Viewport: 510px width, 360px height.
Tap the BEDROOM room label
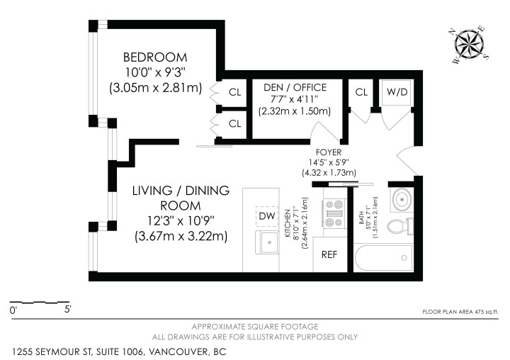(x=155, y=57)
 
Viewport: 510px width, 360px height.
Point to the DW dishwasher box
(x=267, y=215)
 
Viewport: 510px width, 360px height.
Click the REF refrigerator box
(x=329, y=254)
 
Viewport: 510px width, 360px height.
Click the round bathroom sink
(x=400, y=201)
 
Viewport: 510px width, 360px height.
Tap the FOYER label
(x=329, y=152)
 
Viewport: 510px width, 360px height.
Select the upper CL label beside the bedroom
(x=235, y=92)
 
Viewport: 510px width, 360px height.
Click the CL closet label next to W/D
(x=361, y=91)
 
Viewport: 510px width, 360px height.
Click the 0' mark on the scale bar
(x=13, y=310)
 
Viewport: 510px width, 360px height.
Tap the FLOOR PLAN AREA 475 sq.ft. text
(x=460, y=311)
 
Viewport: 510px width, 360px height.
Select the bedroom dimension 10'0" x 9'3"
(x=155, y=72)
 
